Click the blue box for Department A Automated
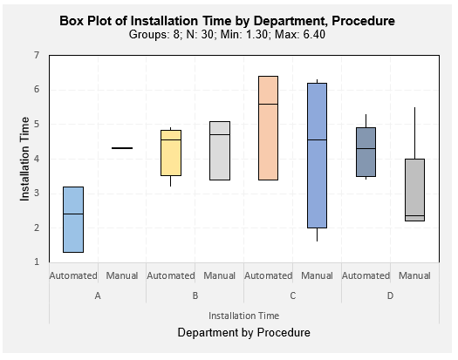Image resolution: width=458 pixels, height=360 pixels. [73, 220]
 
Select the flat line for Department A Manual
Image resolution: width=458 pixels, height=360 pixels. [122, 148]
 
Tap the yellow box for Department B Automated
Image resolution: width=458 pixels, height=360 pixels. [171, 153]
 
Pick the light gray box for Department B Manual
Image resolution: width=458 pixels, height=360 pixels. [220, 151]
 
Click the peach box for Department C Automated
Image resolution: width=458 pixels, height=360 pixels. [269, 128]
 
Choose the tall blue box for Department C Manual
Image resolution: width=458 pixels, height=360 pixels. [318, 155]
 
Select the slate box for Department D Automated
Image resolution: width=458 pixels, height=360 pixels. [366, 152]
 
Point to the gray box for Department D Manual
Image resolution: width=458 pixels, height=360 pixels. [414, 190]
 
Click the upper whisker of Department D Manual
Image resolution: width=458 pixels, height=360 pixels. [414, 133]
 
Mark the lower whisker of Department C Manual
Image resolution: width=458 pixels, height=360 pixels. [318, 234]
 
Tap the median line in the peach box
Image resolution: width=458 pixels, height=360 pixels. [269, 104]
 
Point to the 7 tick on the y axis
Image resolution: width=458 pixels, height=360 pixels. [37, 55]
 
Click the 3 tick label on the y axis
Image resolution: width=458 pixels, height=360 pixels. [37, 193]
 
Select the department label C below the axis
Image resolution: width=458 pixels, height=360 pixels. [292, 295]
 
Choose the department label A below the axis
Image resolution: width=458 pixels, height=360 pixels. [98, 295]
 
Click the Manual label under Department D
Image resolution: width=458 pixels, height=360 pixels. [414, 275]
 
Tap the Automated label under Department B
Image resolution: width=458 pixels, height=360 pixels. [171, 275]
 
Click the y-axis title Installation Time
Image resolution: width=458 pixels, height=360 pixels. [24, 159]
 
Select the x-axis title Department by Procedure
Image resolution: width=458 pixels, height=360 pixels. [244, 333]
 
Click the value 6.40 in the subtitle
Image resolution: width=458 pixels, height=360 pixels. [314, 35]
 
